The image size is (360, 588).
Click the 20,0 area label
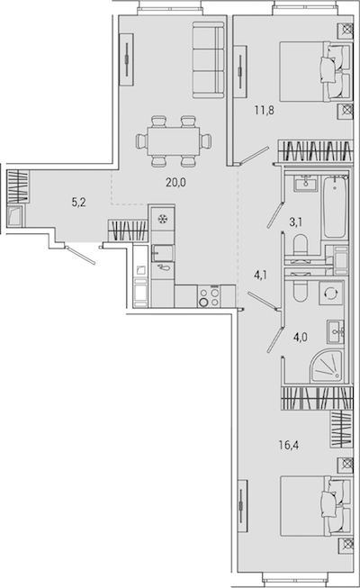pos(175,183)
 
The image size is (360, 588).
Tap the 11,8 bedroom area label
pos(265,111)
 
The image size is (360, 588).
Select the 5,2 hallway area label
pos(79,203)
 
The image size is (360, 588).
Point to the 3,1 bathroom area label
pos(295,222)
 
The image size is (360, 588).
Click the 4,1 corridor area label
pos(261,276)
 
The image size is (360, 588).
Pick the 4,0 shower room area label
pos(301,337)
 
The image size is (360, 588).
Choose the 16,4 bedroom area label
pos(288,445)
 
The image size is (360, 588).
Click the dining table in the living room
pos(174,141)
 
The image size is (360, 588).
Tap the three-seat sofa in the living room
pos(209,60)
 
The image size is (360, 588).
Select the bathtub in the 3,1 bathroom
pos(335,207)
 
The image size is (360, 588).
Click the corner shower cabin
pos(326,366)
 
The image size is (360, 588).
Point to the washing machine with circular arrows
pos(330,293)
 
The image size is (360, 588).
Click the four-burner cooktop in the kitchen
pos(209,296)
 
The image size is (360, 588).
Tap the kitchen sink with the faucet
pos(163,253)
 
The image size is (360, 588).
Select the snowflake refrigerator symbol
pos(163,219)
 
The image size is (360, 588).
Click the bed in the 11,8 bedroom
pos(316,71)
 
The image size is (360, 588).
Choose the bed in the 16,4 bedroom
pos(316,505)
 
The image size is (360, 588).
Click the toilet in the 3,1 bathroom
pos(301,247)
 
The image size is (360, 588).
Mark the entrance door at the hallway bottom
pos(81,255)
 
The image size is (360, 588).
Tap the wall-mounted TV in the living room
pos(126,59)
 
